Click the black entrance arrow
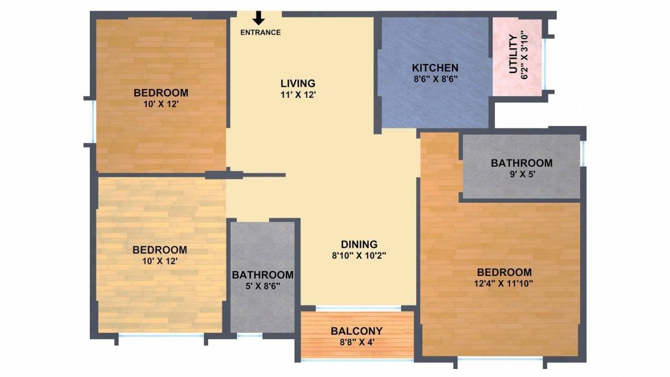point(258,18)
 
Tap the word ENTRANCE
point(260,33)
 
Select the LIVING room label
point(298,83)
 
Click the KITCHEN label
point(435,68)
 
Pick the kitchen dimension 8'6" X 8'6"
point(435,79)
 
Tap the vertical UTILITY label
point(513,54)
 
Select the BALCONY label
point(357,331)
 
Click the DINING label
point(359,244)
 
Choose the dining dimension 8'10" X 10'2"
point(359,256)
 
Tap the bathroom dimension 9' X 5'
point(522,174)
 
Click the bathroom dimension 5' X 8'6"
point(262,286)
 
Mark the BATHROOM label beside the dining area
point(262,275)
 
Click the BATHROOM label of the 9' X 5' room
point(522,163)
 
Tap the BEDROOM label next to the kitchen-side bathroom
point(504,272)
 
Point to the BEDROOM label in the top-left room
point(161,93)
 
